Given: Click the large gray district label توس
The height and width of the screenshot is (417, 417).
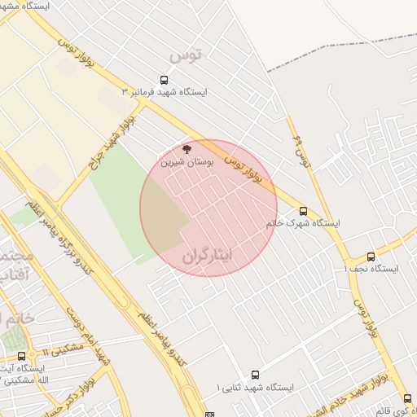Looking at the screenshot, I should click(185, 56).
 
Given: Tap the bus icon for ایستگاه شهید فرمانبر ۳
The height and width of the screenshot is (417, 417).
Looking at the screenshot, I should click(164, 81).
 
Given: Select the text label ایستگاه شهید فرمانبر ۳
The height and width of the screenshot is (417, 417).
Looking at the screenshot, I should click(165, 92).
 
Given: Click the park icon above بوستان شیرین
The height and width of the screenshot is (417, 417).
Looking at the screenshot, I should click(187, 150).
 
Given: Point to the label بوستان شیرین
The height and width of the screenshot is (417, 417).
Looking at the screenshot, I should click(187, 162).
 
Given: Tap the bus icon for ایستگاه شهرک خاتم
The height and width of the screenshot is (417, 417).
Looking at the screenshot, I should click(303, 211).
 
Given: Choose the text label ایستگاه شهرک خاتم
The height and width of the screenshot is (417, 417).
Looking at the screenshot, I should click(302, 222).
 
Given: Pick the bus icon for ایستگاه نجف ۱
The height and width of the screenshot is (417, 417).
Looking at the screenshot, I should click(371, 257).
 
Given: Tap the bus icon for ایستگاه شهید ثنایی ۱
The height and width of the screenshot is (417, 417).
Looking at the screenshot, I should click(255, 375).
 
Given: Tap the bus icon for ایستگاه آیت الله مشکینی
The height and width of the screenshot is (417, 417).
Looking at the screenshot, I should click(21, 356).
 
